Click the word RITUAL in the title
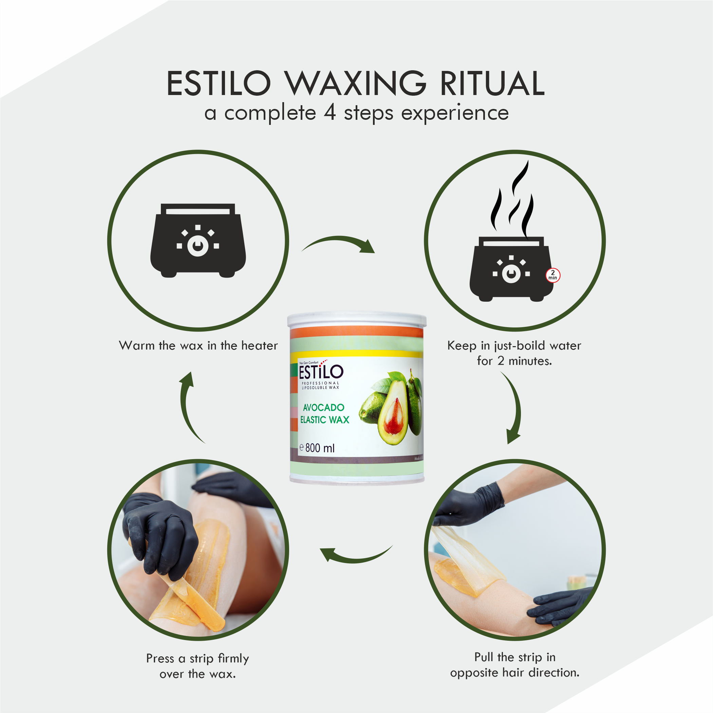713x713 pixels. point(492,84)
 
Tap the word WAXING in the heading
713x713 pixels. point(355,84)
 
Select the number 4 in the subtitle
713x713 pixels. point(330,113)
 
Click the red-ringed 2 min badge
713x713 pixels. point(552,275)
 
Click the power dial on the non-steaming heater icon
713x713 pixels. point(198,245)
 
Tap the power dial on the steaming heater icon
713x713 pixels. point(511,274)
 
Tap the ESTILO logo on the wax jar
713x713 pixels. point(321,372)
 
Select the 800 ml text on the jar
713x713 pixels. point(320,448)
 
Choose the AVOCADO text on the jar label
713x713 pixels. point(323,408)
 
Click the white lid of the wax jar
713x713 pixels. point(356,320)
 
